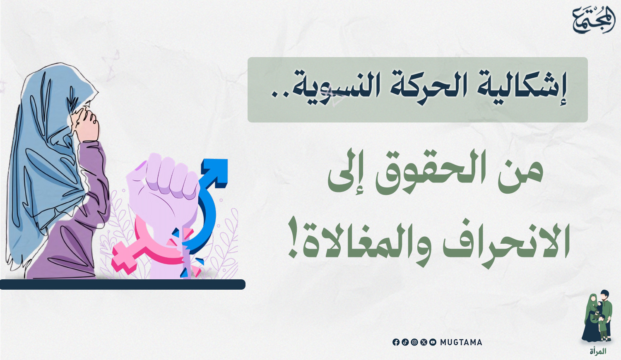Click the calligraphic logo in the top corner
594,20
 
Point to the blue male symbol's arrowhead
216,171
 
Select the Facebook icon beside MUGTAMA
396,342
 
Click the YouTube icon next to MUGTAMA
433,342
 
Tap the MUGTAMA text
461,342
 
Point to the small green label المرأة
598,352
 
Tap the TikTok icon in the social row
405,342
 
